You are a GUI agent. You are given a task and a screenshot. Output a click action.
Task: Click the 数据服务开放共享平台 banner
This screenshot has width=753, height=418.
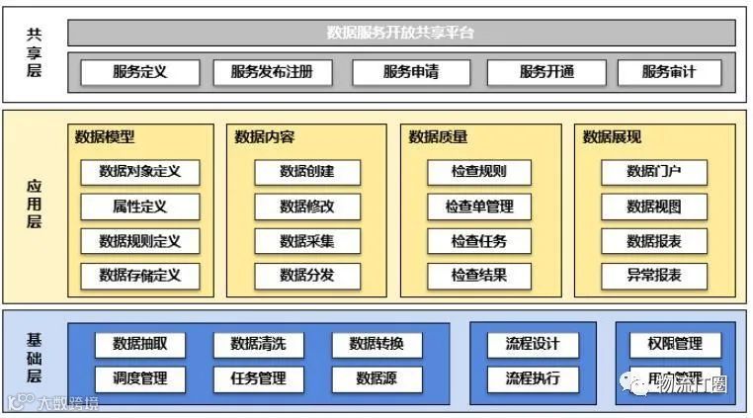pyautogui.click(x=401, y=33)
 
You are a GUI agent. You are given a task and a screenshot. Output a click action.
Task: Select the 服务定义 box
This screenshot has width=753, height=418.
pyautogui.click(x=139, y=72)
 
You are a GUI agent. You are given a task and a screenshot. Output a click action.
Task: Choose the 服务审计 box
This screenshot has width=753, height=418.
pyautogui.click(x=669, y=72)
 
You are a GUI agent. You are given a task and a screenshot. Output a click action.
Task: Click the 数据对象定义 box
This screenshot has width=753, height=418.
pyautogui.click(x=140, y=172)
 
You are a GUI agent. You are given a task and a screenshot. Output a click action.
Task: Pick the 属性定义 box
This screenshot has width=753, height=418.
pyautogui.click(x=140, y=207)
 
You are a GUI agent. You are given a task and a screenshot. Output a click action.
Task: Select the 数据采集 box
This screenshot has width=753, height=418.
pyautogui.click(x=306, y=241)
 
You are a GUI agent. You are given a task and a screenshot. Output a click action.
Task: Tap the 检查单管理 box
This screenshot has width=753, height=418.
pyautogui.click(x=479, y=207)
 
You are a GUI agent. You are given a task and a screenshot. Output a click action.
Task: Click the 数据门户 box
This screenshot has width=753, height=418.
pyautogui.click(x=653, y=172)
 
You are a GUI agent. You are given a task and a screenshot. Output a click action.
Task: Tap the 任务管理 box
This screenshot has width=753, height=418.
pyautogui.click(x=258, y=378)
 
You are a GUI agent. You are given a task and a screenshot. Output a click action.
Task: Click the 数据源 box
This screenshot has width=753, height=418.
pyautogui.click(x=376, y=378)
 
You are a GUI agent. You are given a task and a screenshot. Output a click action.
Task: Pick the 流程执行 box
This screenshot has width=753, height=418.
pyautogui.click(x=533, y=378)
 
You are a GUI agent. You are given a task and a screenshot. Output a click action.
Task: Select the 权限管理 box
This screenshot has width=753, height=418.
pyautogui.click(x=675, y=344)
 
